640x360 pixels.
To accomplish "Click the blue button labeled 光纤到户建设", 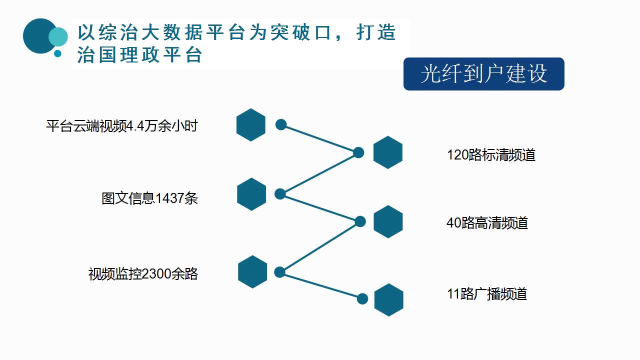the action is coord(483,74).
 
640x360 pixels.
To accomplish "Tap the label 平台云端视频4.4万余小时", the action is coord(121,126).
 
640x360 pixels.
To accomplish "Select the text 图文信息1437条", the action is coord(149,198).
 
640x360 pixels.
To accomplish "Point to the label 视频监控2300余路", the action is coord(143,274).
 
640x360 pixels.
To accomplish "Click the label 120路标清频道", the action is coord(491,155).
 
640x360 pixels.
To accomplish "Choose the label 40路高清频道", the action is coord(487,223).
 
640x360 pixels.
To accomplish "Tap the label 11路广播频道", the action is coord(487,293).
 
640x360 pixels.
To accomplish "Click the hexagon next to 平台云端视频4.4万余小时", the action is coord(251,125).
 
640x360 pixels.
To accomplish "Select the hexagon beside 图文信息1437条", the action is coord(251,194).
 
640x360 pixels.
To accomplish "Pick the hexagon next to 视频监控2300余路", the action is coord(252,271).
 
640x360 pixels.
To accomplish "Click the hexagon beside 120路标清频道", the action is coord(388,152).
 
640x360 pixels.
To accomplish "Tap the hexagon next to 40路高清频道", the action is coord(388,221).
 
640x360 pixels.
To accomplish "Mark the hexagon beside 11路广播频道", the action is coord(389,300).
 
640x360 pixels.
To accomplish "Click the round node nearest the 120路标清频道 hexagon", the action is coord(358,152).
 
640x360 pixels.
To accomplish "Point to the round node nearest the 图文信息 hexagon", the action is coord(280,194).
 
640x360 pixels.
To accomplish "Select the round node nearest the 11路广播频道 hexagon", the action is coord(362,299).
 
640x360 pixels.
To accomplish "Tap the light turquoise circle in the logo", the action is coord(58,37).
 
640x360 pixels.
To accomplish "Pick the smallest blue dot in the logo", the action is coord(57,53).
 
